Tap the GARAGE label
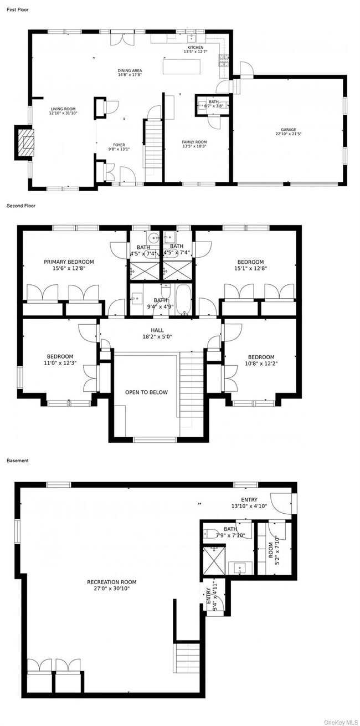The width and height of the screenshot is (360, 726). (288, 130)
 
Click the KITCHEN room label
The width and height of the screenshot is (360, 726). (195, 48)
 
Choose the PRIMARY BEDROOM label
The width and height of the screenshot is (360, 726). (69, 262)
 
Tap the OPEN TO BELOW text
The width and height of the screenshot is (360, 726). (146, 392)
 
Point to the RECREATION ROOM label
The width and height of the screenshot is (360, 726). (111, 582)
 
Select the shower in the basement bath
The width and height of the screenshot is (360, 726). (211, 560)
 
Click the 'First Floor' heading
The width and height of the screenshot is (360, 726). (17, 9)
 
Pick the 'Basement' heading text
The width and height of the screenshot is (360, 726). (17, 461)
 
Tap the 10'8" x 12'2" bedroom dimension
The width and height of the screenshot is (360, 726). (261, 364)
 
